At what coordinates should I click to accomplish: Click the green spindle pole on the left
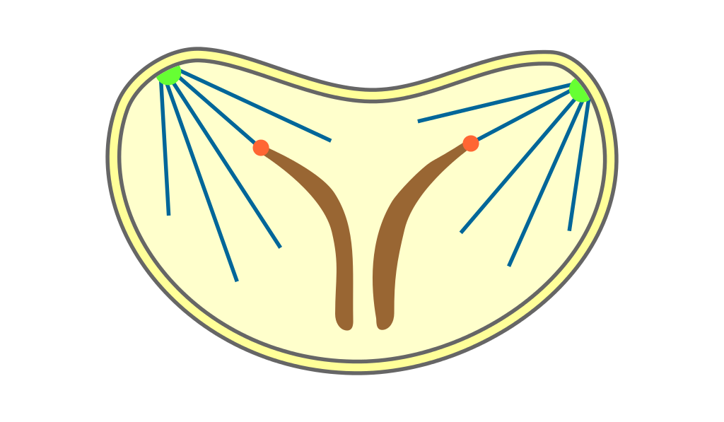[x=170, y=74]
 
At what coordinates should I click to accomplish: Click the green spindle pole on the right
[x=579, y=90]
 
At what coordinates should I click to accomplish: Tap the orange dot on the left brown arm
[x=261, y=148]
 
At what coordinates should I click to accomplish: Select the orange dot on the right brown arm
[x=471, y=143]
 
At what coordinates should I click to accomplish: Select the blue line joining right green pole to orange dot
[x=523, y=117]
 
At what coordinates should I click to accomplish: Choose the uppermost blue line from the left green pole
[x=255, y=107]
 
